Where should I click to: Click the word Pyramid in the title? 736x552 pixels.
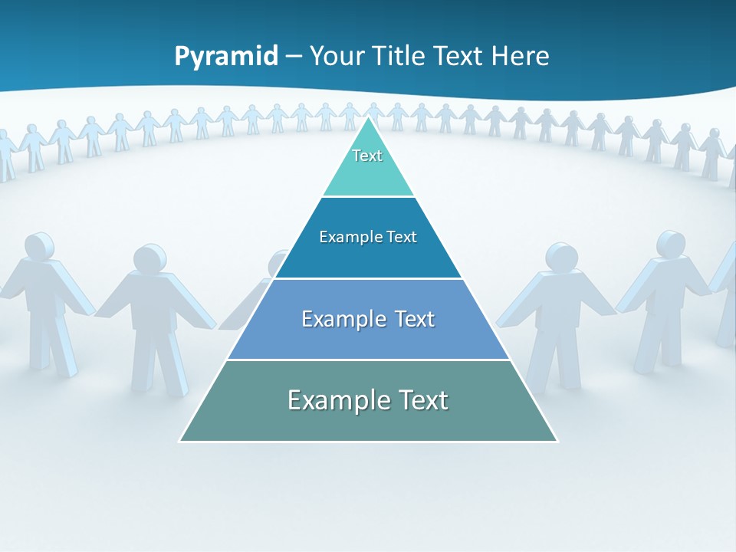point(225,57)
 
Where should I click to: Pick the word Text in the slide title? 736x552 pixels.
point(461,56)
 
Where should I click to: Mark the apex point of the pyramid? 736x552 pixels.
point(369,117)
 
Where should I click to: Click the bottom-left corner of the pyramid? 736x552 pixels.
point(180,441)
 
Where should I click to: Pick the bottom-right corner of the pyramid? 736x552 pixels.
point(557,441)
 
